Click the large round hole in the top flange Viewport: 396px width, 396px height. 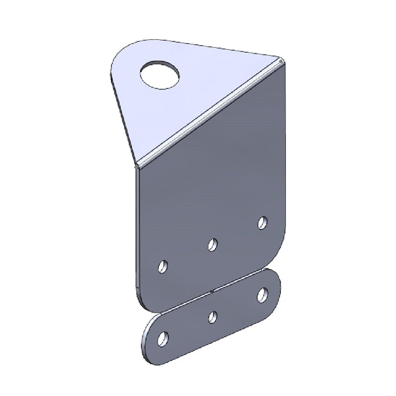(161, 74)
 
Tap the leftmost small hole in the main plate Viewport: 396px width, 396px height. (162, 267)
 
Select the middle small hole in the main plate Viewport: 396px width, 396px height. (213, 244)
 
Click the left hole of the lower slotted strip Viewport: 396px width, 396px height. (162, 339)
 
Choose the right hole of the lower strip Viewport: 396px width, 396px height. (262, 295)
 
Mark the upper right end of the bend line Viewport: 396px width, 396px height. (281, 61)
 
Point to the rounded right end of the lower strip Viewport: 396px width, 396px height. (278, 287)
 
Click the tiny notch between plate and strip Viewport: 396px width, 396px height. (212, 291)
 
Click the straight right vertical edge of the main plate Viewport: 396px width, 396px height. (286, 148)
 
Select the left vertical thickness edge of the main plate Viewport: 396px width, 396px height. (136, 228)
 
